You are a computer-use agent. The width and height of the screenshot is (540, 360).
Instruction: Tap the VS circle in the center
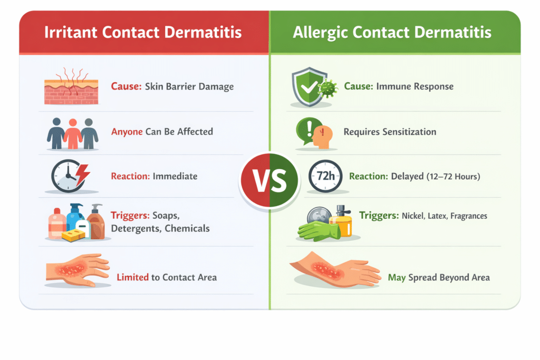[x=269, y=181]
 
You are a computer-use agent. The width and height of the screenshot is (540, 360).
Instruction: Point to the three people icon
[x=73, y=133]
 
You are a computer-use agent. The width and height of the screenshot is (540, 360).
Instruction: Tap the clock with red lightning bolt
[x=71, y=176]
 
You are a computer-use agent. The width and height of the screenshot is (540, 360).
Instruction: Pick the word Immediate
[x=175, y=176]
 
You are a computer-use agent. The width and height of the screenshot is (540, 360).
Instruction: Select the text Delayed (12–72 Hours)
[x=436, y=177]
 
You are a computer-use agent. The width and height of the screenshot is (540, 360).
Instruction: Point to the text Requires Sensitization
[x=390, y=132]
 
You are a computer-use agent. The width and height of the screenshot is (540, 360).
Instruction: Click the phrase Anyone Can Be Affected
[x=162, y=132]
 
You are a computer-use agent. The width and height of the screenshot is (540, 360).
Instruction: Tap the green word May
[x=397, y=277]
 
